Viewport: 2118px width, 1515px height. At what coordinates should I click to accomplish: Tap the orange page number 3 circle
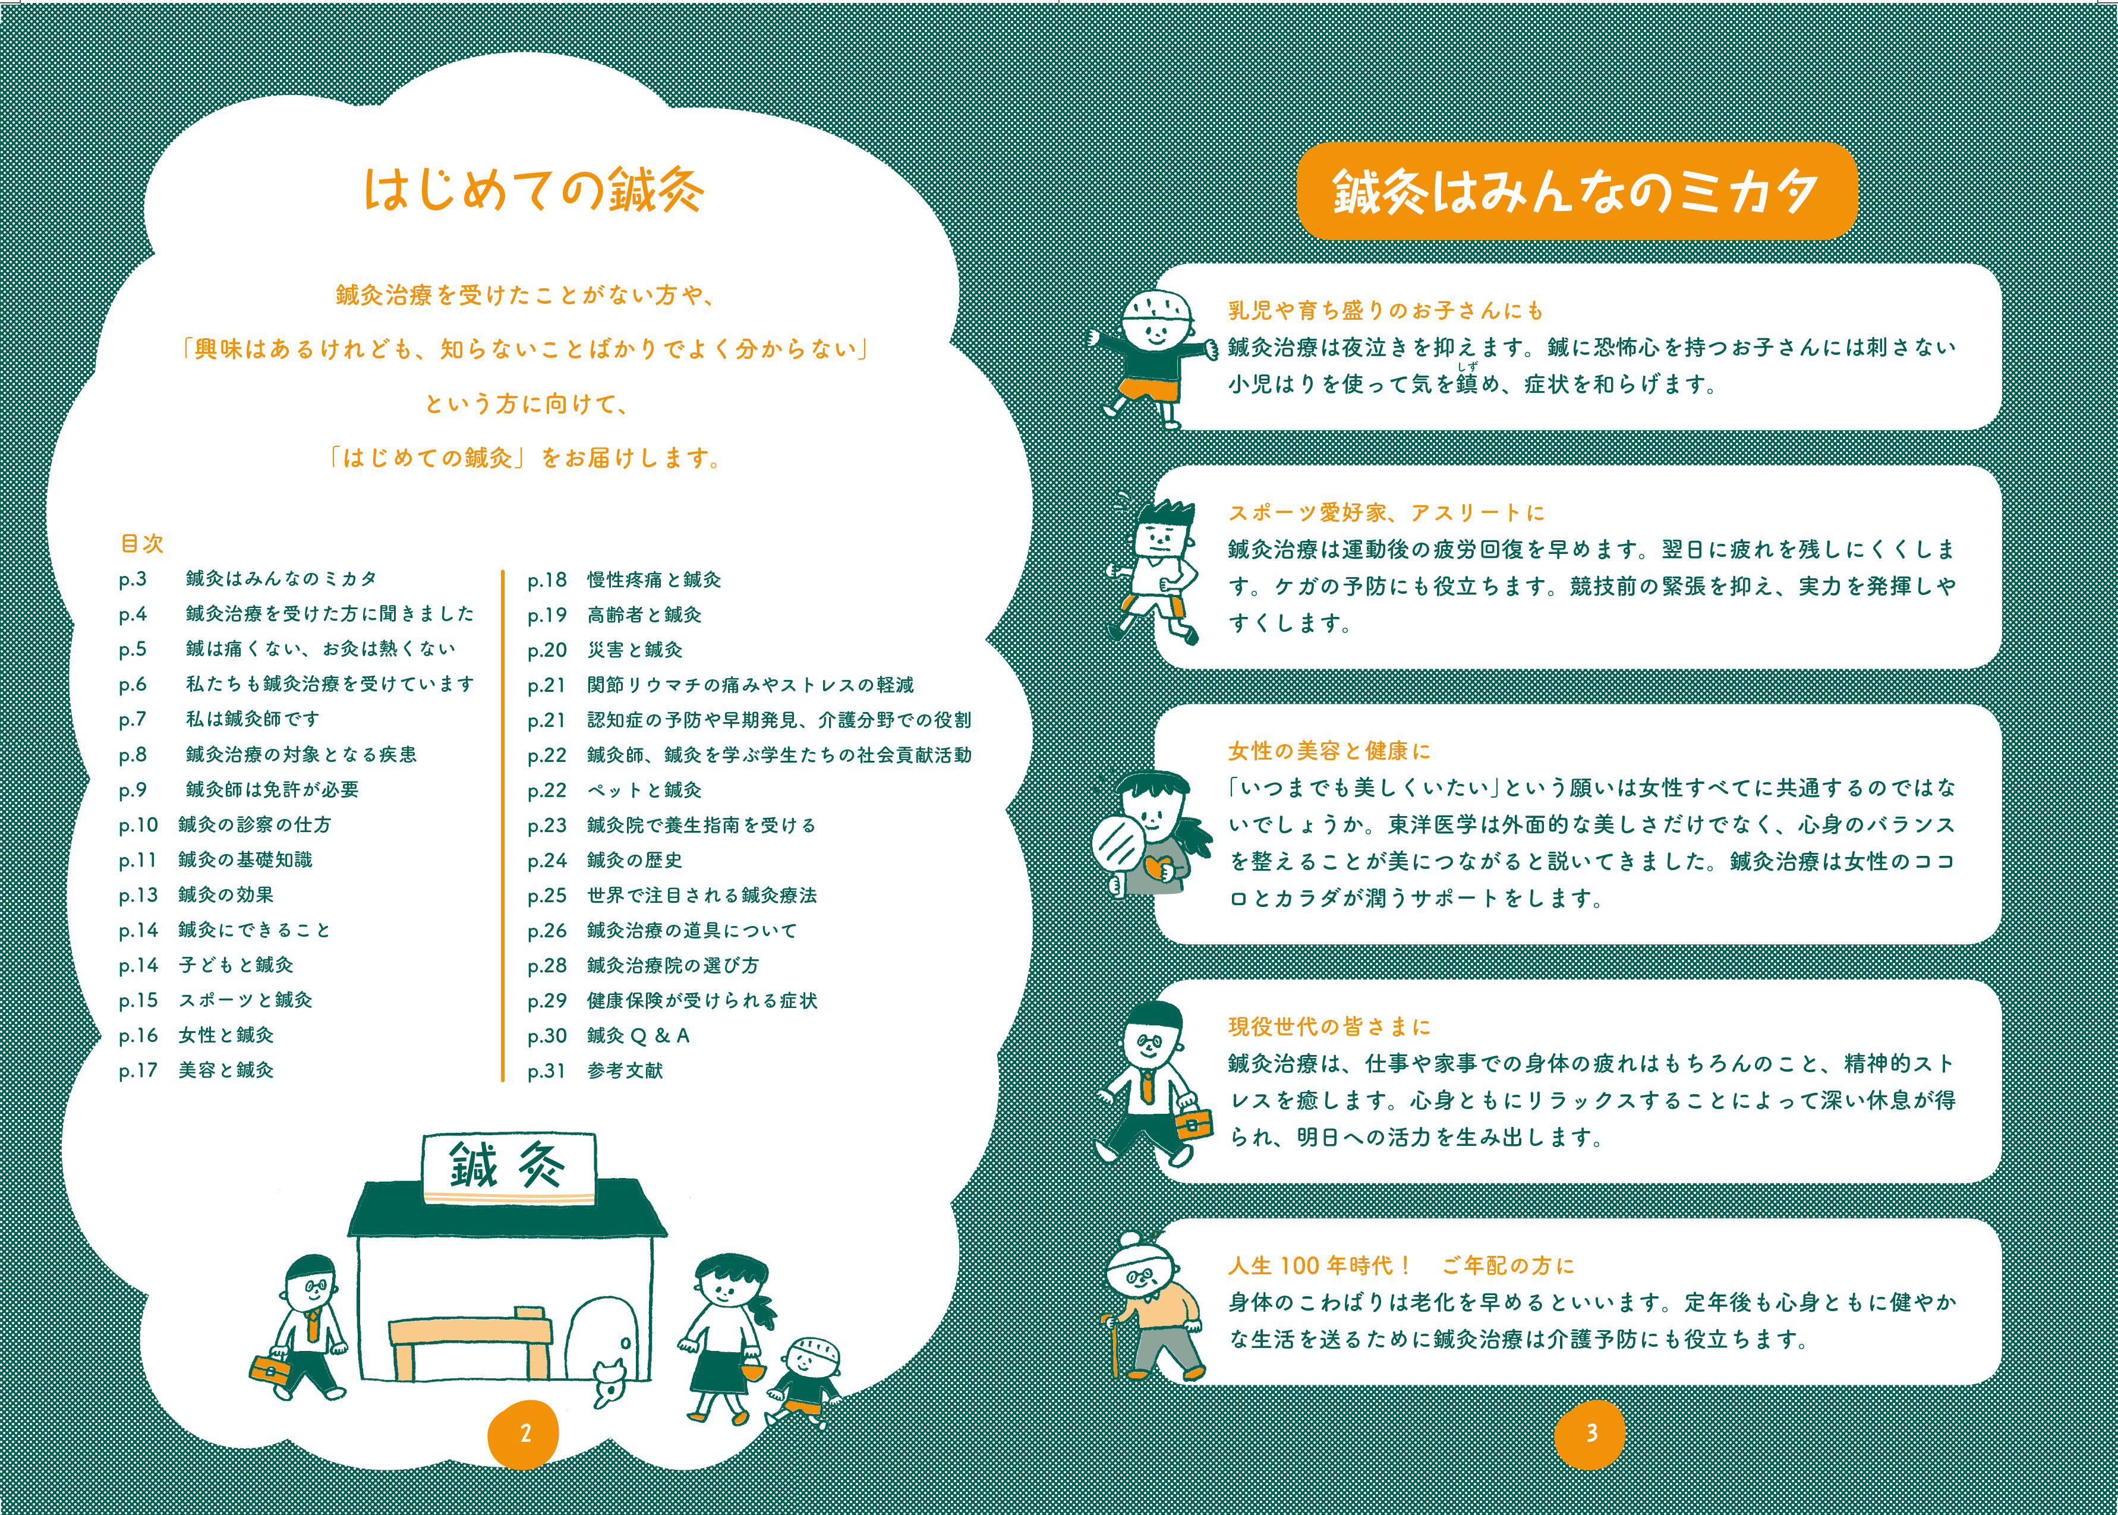pyautogui.click(x=1591, y=1433)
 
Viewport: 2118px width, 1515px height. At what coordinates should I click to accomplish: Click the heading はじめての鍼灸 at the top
pyautogui.click(x=534, y=190)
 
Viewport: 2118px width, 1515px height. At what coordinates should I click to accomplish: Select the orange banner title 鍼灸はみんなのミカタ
pyautogui.click(x=1576, y=191)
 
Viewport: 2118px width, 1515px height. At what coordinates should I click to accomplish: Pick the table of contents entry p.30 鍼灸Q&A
pyautogui.click(x=608, y=1035)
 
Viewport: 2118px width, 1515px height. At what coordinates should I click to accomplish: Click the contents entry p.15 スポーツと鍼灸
pyautogui.click(x=216, y=1000)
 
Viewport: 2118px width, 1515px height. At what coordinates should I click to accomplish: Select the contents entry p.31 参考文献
pyautogui.click(x=595, y=1071)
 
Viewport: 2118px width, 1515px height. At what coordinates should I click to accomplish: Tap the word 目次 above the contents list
pyautogui.click(x=142, y=543)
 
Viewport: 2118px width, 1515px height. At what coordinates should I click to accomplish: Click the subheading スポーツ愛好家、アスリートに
pyautogui.click(x=1386, y=512)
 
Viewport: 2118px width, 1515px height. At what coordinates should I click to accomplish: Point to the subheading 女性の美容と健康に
pyautogui.click(x=1329, y=751)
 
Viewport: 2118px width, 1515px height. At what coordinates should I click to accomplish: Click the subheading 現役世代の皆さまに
pyautogui.click(x=1329, y=1027)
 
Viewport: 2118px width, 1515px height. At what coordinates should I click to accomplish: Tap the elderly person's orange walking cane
pyautogui.click(x=1112, y=1345)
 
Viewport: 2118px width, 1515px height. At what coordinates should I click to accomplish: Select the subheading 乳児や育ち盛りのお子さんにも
pyautogui.click(x=1386, y=311)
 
